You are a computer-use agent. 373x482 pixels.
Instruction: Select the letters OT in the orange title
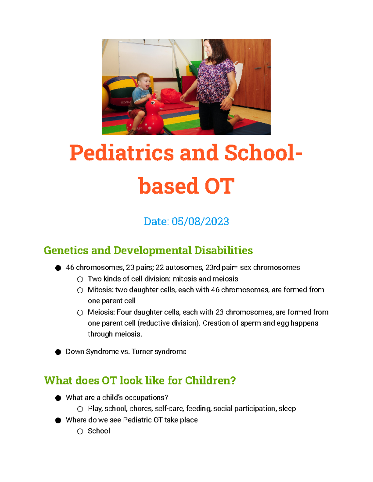(x=219, y=186)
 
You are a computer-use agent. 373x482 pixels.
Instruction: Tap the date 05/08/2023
(x=200, y=222)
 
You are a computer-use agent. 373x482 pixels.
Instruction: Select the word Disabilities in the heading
(x=223, y=250)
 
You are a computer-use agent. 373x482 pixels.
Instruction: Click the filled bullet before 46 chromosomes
(x=58, y=268)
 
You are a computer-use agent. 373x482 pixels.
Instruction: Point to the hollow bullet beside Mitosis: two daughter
(x=80, y=290)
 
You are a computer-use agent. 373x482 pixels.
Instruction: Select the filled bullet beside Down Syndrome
(x=58, y=352)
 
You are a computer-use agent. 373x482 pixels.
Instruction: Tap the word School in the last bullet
(x=99, y=431)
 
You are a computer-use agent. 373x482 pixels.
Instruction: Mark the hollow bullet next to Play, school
(x=80, y=409)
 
